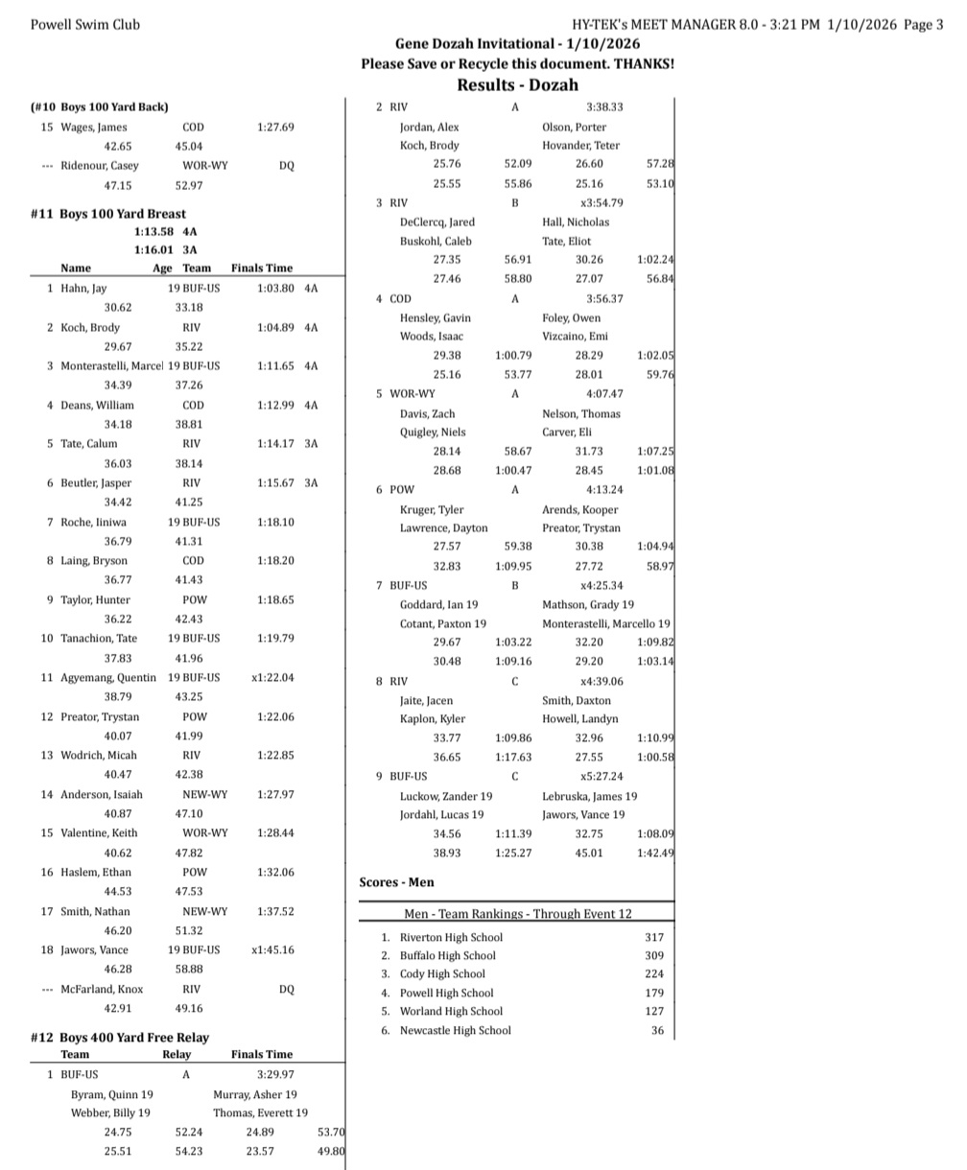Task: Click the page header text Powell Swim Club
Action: pyautogui.click(x=85, y=25)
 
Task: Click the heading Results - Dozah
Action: pyautogui.click(x=517, y=84)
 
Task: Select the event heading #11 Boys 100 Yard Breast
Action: pyautogui.click(x=108, y=214)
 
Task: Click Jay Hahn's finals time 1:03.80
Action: pyautogui.click(x=276, y=288)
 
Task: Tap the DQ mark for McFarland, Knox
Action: pyautogui.click(x=287, y=989)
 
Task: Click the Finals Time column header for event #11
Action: pyautogui.click(x=262, y=269)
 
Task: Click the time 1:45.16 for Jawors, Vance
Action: pyautogui.click(x=272, y=949)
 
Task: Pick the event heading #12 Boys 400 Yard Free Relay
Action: pyautogui.click(x=120, y=1037)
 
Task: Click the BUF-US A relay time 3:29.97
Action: pyautogui.click(x=275, y=1075)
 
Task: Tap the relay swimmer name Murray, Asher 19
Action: pyautogui.click(x=254, y=1094)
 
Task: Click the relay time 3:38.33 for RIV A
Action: pyautogui.click(x=604, y=107)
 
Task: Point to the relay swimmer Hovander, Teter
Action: pyautogui.click(x=580, y=146)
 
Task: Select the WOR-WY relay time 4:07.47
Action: pyautogui.click(x=604, y=393)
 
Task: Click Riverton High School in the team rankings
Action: pyautogui.click(x=451, y=937)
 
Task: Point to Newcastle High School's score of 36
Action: pyautogui.click(x=657, y=1031)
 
